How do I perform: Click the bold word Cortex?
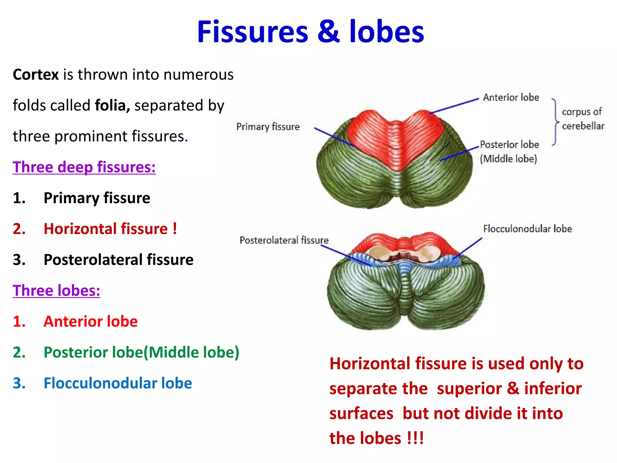(x=36, y=74)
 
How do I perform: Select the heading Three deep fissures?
(x=84, y=167)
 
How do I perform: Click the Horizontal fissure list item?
(x=110, y=229)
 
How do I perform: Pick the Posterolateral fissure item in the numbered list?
(x=118, y=260)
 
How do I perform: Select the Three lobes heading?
(x=56, y=291)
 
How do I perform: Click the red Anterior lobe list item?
(x=90, y=321)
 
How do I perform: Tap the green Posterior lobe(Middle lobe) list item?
(x=141, y=352)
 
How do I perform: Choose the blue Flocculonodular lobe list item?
(x=117, y=383)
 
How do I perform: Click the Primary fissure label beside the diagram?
(x=268, y=127)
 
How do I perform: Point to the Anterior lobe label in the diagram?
(x=511, y=97)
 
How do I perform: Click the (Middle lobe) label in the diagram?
(x=508, y=159)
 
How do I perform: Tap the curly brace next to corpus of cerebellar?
(x=555, y=122)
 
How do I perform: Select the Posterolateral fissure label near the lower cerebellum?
(x=284, y=240)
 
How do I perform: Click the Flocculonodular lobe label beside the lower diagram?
(x=527, y=229)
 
